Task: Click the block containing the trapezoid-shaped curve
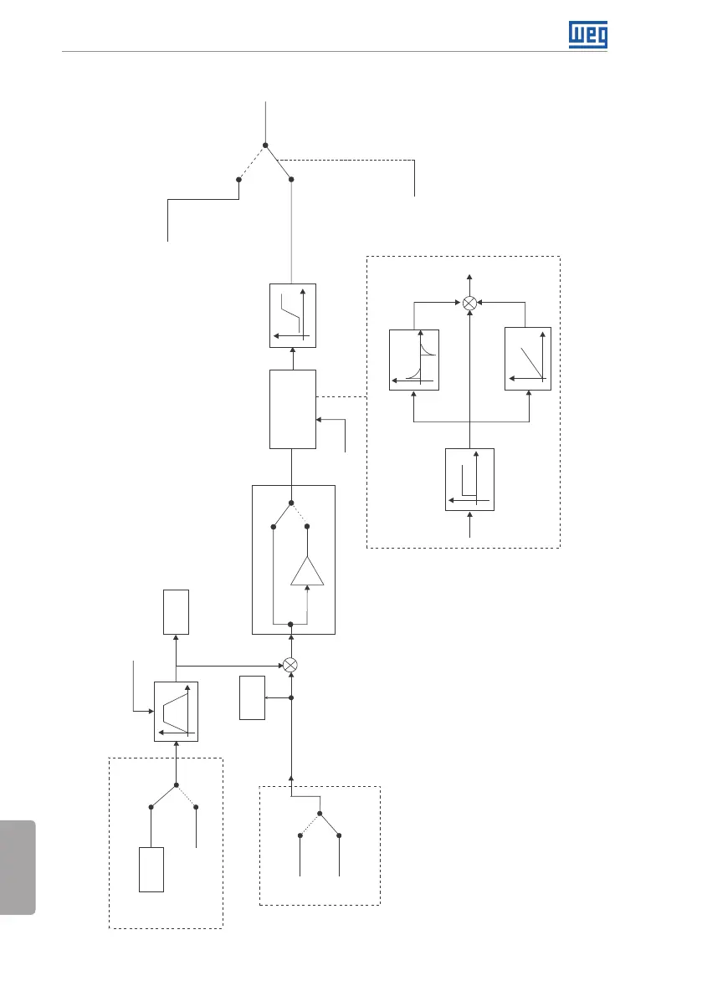coord(177,711)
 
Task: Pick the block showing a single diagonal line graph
coord(529,359)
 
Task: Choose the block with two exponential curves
coord(414,359)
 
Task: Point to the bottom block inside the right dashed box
coord(469,479)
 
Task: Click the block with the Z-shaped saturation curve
coord(293,314)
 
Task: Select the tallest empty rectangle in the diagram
coord(293,408)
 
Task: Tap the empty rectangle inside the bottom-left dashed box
coord(151,870)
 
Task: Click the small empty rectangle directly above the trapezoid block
coord(177,611)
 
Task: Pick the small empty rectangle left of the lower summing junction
coord(252,697)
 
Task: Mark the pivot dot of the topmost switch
coord(265,146)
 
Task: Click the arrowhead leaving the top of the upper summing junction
coord(469,277)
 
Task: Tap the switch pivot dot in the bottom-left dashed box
coord(177,785)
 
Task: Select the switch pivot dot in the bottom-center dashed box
coord(320,813)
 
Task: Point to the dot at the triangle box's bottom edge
coord(290,624)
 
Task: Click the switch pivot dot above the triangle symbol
coord(290,503)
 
